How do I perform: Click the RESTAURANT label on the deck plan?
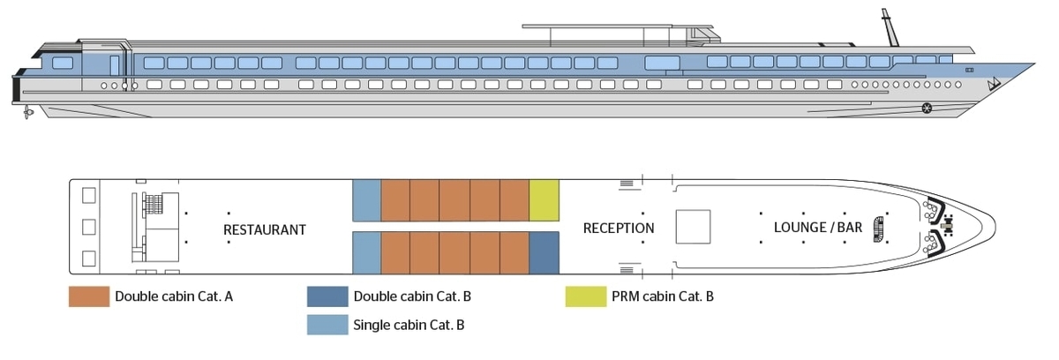264,229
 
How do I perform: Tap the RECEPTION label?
619,229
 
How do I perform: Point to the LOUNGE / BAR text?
818,228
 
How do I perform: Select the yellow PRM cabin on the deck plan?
545,200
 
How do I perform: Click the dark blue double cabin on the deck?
545,252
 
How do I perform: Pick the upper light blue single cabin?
367,200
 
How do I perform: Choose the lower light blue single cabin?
367,252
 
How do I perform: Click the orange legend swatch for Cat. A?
89,296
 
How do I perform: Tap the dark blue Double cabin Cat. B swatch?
327,296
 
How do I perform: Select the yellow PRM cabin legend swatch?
586,296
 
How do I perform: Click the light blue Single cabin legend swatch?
327,325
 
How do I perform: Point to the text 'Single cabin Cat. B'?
409,325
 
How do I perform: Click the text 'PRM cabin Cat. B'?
663,296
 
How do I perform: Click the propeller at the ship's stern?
27,113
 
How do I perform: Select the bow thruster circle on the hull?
927,109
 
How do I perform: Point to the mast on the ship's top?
890,27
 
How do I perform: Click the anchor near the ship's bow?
994,84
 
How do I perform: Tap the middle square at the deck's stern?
89,228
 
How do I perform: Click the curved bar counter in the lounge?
878,229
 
